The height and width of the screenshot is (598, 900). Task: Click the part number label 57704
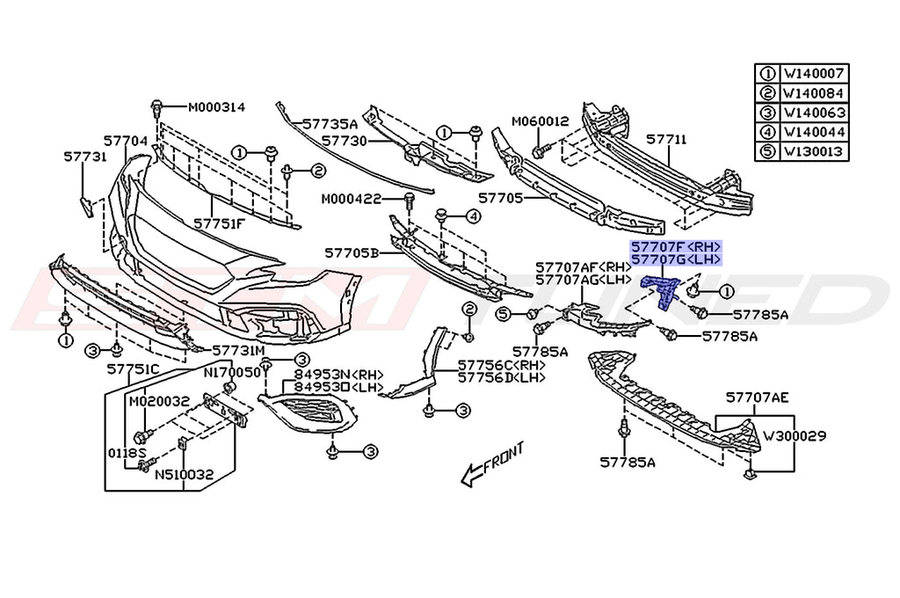(125, 140)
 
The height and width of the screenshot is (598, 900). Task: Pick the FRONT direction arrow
(493, 463)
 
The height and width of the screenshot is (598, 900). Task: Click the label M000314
(215, 107)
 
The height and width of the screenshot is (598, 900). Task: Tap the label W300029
(794, 435)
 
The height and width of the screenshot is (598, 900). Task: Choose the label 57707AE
(757, 397)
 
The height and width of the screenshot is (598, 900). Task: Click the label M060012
(541, 121)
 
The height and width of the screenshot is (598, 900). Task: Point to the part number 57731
(84, 157)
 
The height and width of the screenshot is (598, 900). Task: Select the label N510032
(185, 475)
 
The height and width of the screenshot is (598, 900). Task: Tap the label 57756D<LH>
(501, 377)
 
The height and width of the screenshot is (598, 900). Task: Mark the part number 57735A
(330, 124)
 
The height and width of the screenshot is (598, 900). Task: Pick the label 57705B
(351, 252)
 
